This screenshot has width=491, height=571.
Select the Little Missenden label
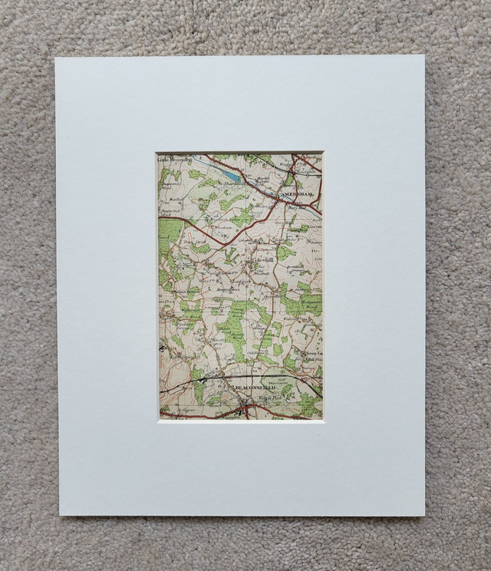click(176, 159)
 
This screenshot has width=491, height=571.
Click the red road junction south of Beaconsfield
click(244, 411)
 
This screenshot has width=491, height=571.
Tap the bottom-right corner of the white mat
click(424, 516)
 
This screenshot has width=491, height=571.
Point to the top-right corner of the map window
click(322, 153)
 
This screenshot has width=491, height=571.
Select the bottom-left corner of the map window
click(160, 419)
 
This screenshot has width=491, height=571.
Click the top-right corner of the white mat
click(424, 55)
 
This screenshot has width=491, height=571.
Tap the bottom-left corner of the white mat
click(60, 515)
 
